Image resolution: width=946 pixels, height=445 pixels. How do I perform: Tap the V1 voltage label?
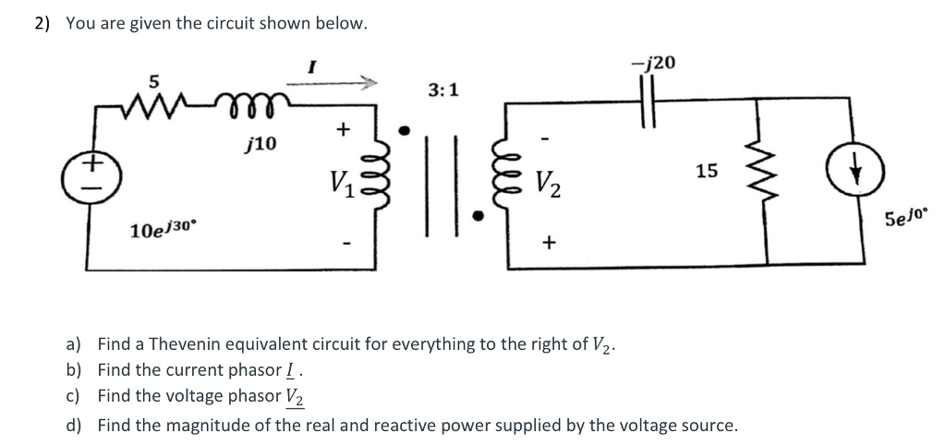click(x=339, y=173)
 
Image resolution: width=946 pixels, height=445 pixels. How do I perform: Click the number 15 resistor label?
click(x=706, y=171)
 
